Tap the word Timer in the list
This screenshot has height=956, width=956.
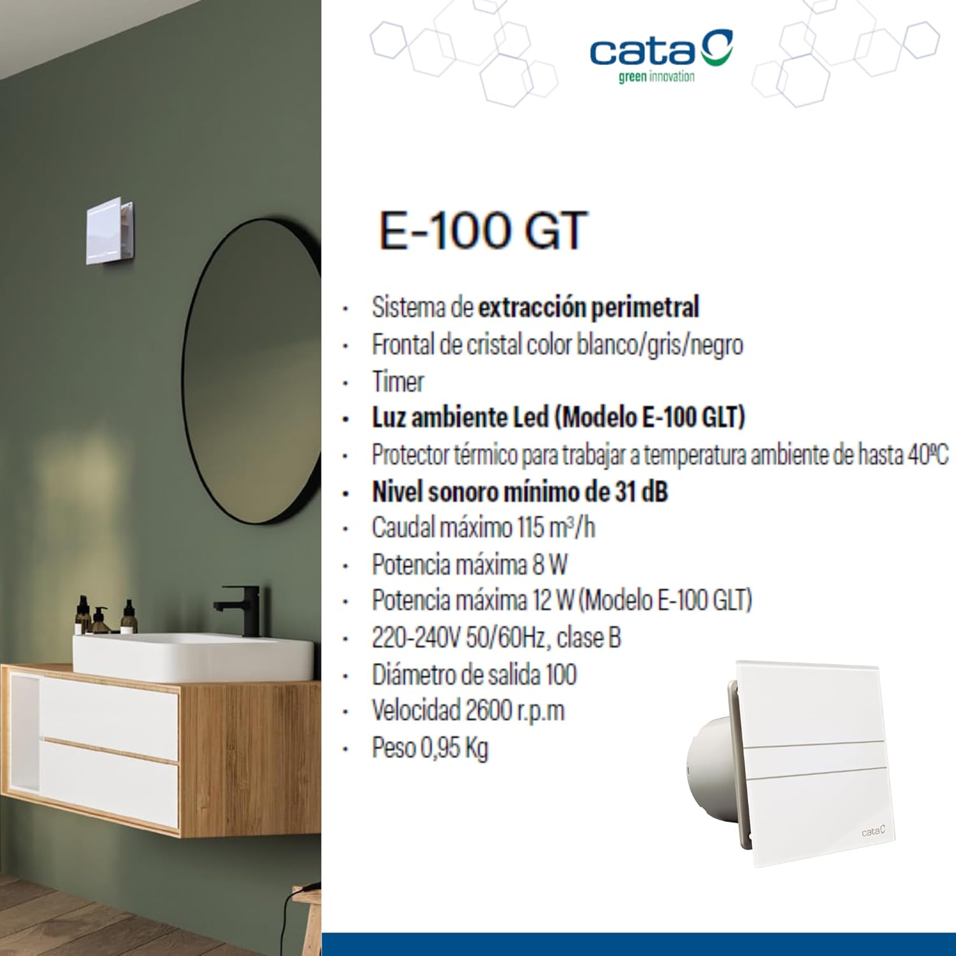click(398, 382)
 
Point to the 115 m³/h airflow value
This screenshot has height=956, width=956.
click(556, 528)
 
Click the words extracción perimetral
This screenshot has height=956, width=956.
click(588, 307)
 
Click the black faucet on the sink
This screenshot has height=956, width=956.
click(241, 609)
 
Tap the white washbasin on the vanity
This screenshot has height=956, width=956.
click(191, 656)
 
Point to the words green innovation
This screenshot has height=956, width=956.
click(656, 77)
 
